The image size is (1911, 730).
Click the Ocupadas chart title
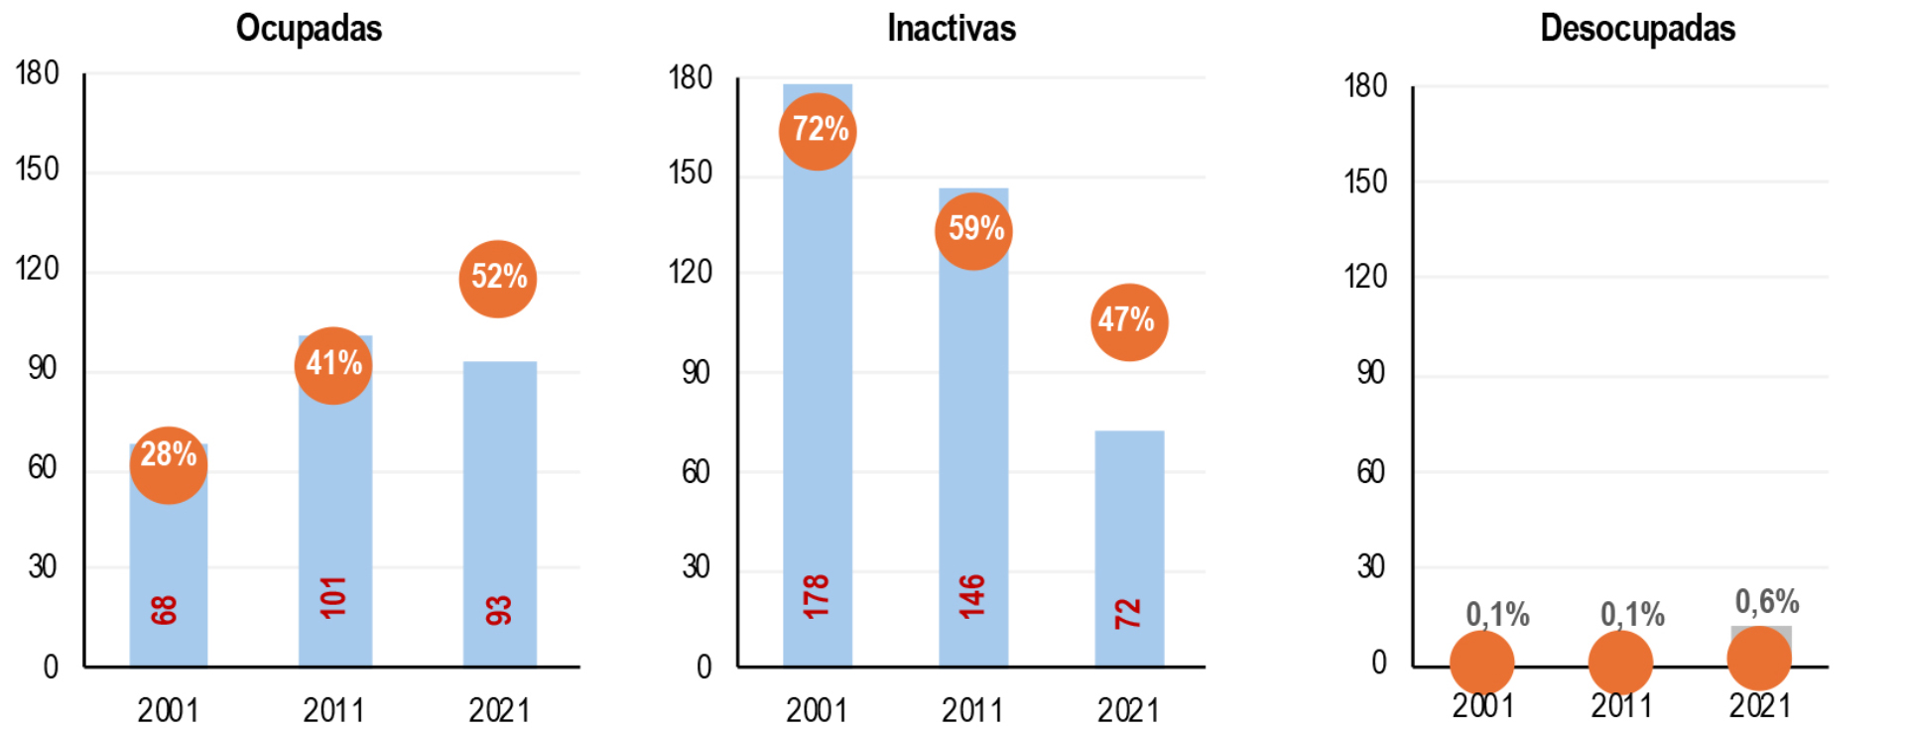(x=309, y=29)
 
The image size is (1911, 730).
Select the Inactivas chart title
(x=951, y=29)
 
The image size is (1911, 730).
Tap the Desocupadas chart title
(x=1637, y=29)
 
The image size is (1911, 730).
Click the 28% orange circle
(x=169, y=465)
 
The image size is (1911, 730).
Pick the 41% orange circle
(x=333, y=365)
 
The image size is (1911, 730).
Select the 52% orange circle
(x=498, y=279)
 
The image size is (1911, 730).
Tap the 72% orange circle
(x=818, y=131)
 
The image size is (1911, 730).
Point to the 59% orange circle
(x=973, y=231)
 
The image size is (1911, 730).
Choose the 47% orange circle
(x=1129, y=322)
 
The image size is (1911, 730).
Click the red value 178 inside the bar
(x=816, y=596)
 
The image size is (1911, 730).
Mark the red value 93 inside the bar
(x=498, y=610)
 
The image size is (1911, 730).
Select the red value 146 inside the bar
(x=972, y=596)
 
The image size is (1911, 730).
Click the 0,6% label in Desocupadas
(x=1766, y=601)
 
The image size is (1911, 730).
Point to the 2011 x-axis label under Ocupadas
(x=333, y=710)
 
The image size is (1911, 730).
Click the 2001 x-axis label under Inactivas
(x=816, y=710)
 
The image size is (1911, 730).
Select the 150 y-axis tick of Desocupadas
(x=1365, y=182)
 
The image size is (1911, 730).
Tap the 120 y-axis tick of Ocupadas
(x=38, y=269)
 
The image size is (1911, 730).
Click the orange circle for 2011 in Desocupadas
(x=1620, y=663)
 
